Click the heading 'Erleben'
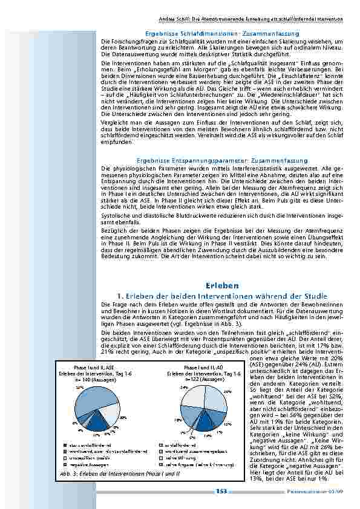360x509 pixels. coord(221,284)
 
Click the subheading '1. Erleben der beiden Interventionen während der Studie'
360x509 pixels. coord(221,295)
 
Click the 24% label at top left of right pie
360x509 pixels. coord(183,387)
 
